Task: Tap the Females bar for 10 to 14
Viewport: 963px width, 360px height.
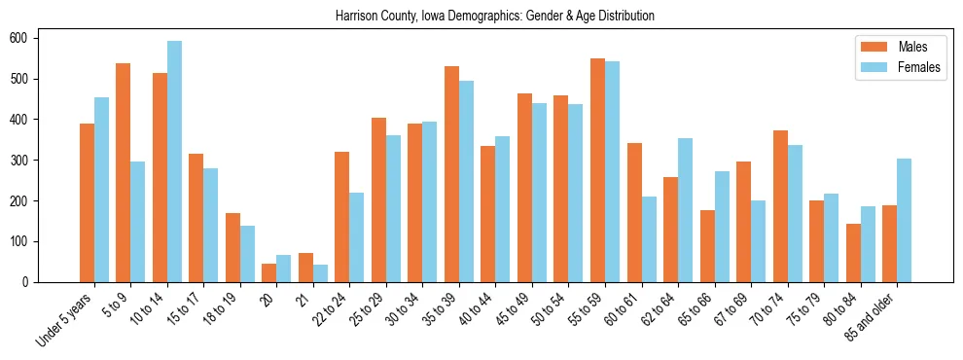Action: coord(174,162)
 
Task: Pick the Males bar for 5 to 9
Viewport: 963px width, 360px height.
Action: coord(124,172)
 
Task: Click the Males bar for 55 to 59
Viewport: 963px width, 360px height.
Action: coord(597,170)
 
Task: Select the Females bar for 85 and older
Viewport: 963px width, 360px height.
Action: coord(904,220)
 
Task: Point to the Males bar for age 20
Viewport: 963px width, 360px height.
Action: coord(269,272)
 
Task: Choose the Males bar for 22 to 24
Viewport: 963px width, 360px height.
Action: coord(342,217)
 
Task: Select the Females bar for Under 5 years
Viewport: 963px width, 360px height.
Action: coord(101,190)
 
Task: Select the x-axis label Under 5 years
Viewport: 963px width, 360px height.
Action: coord(67,319)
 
